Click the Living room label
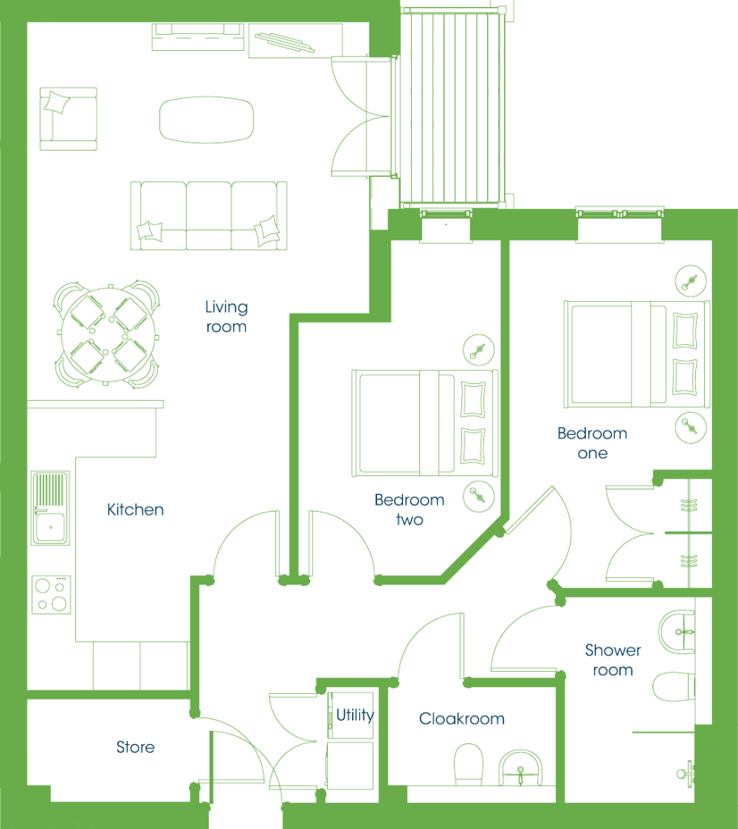227,317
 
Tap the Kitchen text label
135,510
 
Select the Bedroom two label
409,510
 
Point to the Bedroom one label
592,443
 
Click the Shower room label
613,660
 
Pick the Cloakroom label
461,719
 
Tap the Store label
135,747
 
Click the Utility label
355,716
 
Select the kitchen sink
50,508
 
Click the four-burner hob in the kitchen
51,595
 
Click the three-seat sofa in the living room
209,215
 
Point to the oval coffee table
206,120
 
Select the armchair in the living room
68,119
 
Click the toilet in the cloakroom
469,764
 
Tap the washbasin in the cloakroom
520,767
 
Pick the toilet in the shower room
673,687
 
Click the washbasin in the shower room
676,632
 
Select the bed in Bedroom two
425,423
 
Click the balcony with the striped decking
452,108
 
